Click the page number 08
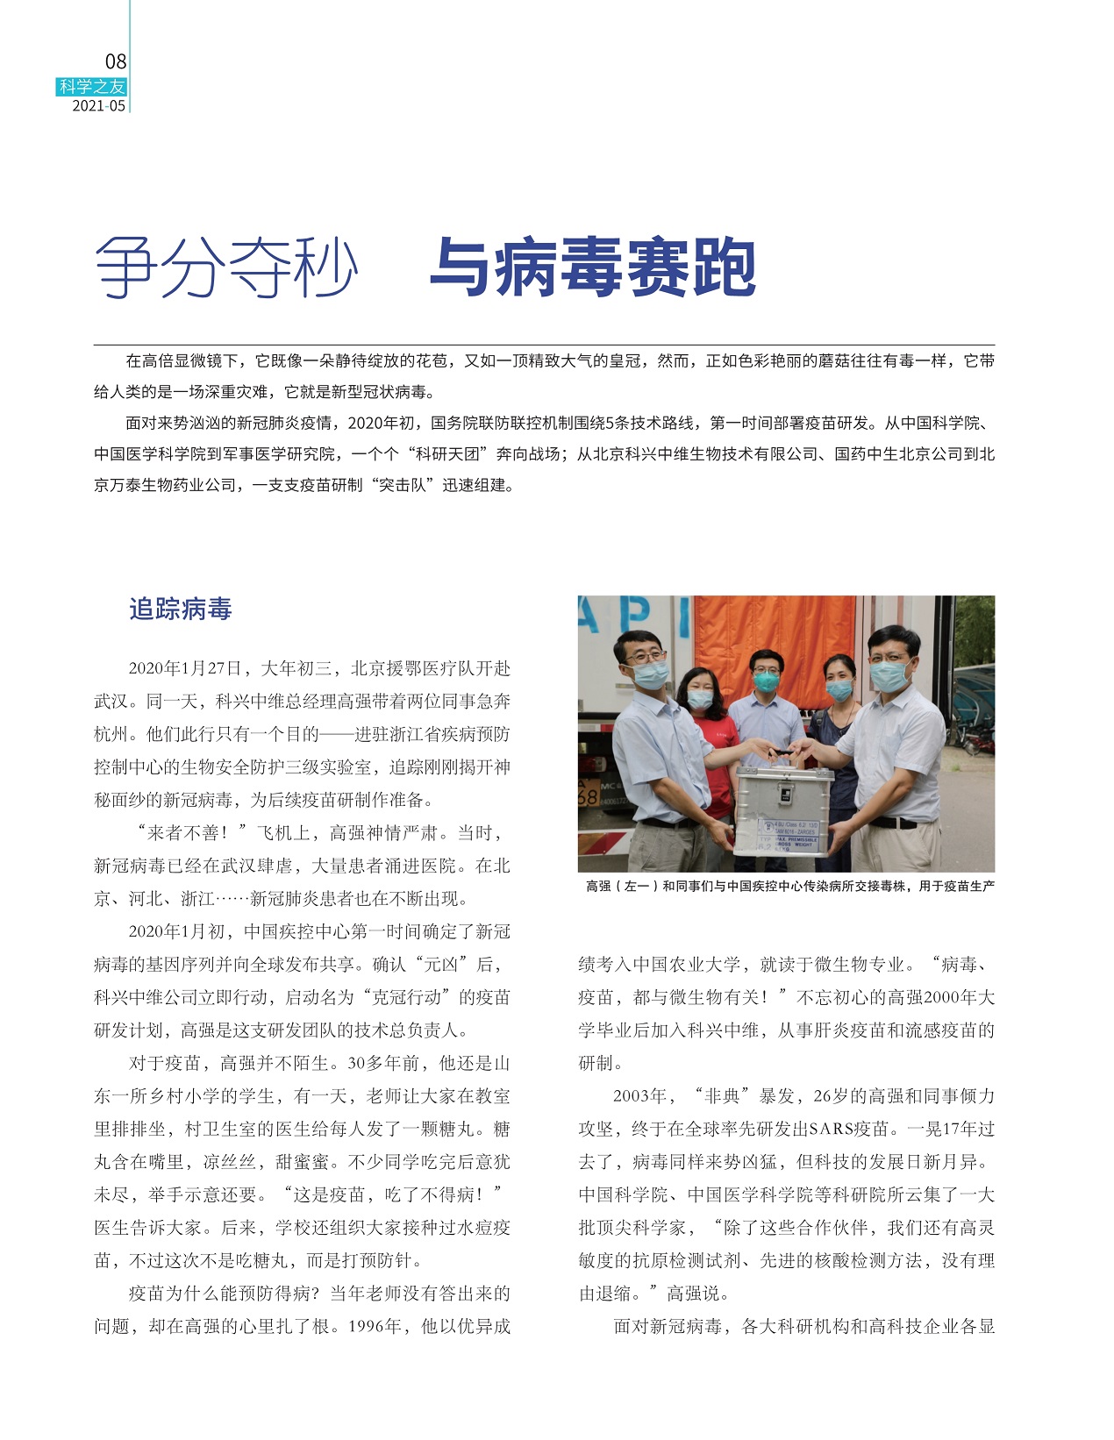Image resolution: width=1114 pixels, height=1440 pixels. coord(116,61)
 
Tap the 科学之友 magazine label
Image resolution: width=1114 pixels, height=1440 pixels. coord(92,87)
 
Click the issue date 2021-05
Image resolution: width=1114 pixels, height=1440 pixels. coord(98,106)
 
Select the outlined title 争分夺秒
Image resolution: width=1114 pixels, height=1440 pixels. coord(226,267)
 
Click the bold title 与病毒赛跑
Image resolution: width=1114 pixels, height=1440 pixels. coord(592,267)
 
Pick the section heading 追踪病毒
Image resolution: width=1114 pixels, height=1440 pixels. coord(180,609)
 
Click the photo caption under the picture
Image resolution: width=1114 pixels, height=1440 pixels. coord(789,887)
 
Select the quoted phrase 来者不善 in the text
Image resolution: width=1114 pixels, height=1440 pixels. coord(190,833)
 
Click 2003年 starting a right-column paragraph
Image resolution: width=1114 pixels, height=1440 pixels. coord(639,1096)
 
